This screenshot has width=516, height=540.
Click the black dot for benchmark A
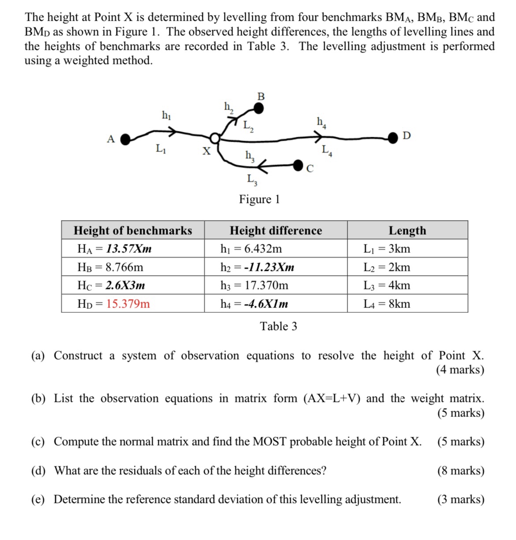(126, 139)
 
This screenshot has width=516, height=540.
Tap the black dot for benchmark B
(259, 108)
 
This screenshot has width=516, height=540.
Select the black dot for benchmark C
(299, 165)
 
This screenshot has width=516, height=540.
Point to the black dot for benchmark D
(393, 138)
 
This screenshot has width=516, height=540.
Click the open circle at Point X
(214, 139)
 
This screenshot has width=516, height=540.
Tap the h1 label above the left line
(166, 115)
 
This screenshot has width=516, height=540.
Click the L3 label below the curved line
(252, 180)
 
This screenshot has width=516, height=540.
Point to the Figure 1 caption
(259, 199)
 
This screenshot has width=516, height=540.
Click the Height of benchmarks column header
(133, 230)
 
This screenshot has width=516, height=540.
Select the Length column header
(407, 230)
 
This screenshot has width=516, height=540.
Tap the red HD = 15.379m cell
(114, 304)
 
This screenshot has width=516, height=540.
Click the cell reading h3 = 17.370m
(254, 285)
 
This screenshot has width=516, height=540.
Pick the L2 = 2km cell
(386, 267)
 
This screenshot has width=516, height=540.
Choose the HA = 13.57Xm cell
(114, 249)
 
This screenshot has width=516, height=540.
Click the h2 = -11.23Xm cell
(257, 267)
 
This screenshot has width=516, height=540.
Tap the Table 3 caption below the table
(278, 326)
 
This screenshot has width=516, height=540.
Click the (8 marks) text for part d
(460, 471)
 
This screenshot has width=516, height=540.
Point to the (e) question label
(38, 499)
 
